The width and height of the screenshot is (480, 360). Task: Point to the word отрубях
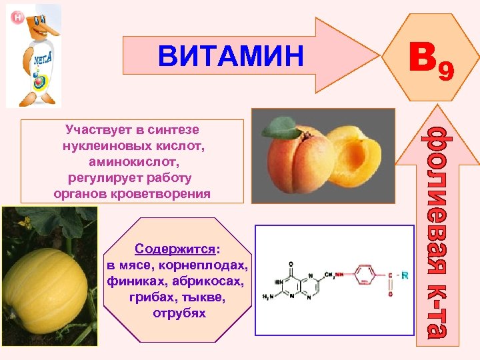coord(178,313)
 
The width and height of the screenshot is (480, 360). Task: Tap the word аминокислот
coord(133,162)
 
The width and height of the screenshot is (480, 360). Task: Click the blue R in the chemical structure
coord(405,275)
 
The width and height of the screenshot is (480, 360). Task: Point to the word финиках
coord(131,281)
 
